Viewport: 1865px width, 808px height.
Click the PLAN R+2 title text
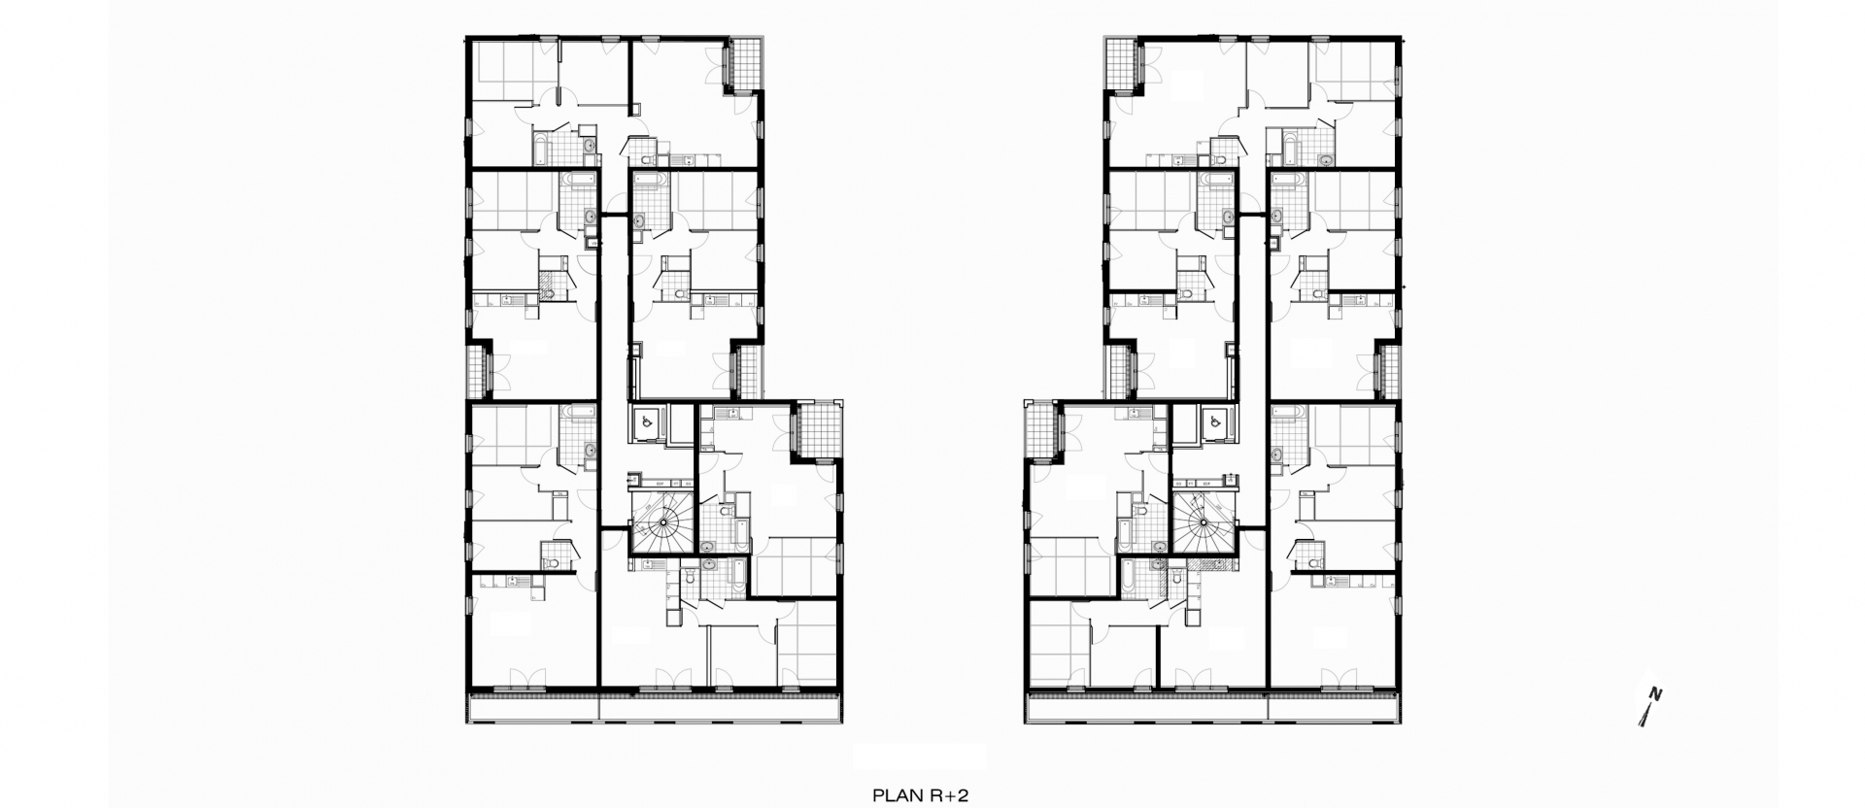pyautogui.click(x=921, y=794)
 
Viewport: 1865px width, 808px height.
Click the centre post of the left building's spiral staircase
pyautogui.click(x=662, y=522)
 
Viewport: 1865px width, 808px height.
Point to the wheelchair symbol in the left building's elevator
pyautogui.click(x=644, y=423)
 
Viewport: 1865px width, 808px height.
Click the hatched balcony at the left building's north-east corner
pyautogui.click(x=745, y=64)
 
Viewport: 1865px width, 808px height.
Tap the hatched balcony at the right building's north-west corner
pyautogui.click(x=1121, y=64)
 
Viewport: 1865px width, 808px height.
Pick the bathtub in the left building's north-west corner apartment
pyautogui.click(x=542, y=150)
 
